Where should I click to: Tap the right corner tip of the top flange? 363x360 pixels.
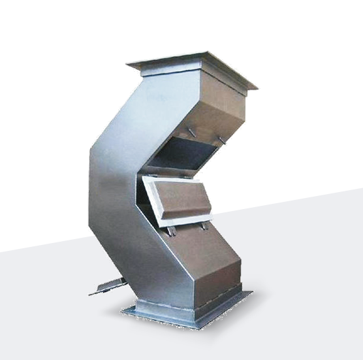point(257,88)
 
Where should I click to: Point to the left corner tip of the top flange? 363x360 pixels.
point(128,63)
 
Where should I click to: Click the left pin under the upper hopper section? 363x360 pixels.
point(191,133)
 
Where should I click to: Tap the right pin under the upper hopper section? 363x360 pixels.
point(223,140)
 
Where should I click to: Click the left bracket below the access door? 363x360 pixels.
point(172,231)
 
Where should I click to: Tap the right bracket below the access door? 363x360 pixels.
point(205,225)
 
